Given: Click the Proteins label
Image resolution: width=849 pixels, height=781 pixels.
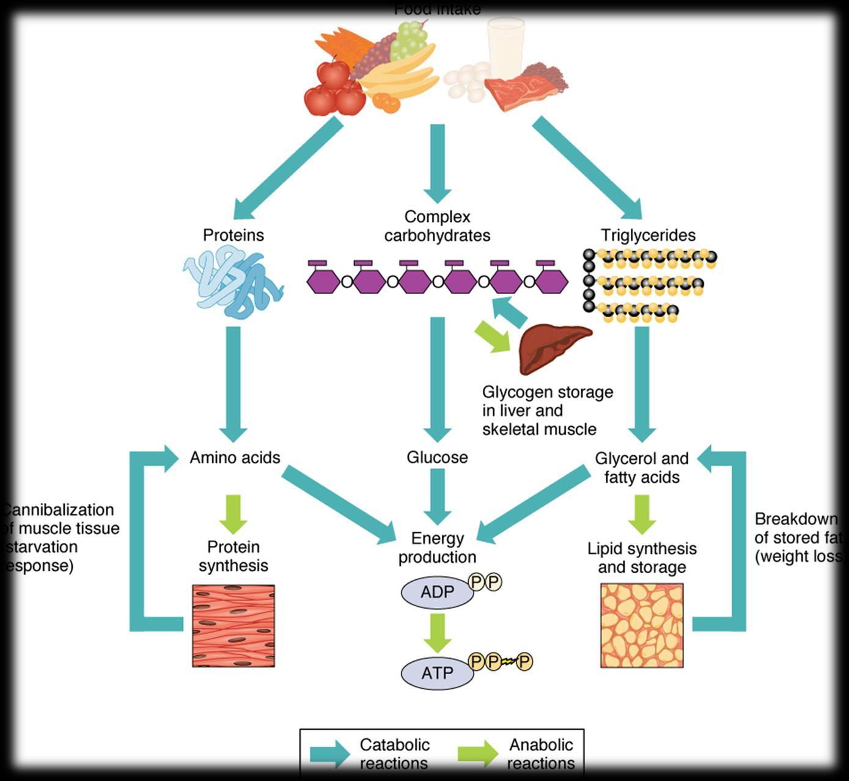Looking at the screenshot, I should point(233,235).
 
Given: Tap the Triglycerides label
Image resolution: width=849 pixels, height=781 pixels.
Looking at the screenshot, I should point(648,235).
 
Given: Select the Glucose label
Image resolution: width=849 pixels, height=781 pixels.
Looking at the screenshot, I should point(437,457).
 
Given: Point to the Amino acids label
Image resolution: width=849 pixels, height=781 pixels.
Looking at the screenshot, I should point(235,457).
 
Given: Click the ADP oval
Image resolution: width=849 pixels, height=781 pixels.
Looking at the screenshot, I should point(437,592).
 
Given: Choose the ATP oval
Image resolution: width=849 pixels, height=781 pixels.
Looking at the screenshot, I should point(437,673).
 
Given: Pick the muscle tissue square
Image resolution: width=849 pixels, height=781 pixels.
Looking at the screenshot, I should point(233,626).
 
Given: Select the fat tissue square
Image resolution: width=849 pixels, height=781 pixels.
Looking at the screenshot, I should point(642,625).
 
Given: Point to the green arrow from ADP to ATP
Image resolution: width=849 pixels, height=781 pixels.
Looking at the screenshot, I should point(437,632).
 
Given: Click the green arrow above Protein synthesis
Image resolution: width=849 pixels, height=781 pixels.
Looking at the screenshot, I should point(233,514).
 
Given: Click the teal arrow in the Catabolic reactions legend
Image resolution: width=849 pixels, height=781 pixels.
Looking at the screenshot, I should point(330,754).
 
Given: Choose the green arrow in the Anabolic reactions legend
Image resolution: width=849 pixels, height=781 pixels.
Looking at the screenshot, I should point(477,754).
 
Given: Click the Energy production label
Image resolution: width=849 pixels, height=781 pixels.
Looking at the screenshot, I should point(437,548).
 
